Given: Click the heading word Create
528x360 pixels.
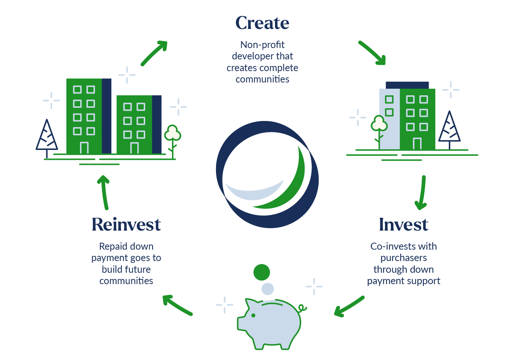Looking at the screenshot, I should point(262,23).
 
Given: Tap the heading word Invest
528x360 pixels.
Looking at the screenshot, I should point(403,225).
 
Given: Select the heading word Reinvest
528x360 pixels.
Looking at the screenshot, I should point(126,225).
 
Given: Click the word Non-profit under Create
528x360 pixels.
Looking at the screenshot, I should point(262,45).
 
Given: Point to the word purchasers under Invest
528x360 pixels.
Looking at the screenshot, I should point(403,258).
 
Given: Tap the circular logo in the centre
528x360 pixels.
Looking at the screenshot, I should point(267,175).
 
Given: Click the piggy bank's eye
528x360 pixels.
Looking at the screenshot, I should point(253,315).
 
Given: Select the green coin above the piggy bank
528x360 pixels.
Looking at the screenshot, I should point(261,272).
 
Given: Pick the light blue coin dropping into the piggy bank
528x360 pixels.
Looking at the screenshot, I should point(268,289).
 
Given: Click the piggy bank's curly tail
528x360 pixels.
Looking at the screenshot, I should point(302,308).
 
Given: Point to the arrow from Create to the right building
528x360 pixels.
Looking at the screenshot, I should point(372,53).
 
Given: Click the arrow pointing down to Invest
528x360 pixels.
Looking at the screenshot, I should point(422,193).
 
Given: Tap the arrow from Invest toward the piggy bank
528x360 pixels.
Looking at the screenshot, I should point(349,306).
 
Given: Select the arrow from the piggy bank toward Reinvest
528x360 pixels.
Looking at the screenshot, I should point(177,305).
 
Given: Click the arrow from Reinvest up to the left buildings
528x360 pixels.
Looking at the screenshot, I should point(104,192).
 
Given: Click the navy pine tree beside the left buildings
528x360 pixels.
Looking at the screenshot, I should point(47,135).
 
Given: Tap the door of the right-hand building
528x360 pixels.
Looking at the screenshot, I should point(417,144).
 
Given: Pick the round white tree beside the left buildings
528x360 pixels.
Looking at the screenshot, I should point(172,133).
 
